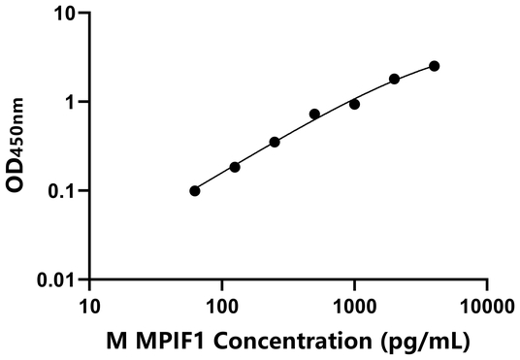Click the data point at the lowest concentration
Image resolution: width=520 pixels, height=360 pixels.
coord(195,190)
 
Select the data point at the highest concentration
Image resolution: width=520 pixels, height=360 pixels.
coord(434,66)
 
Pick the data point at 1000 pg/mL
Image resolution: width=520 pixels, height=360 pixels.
coord(354,104)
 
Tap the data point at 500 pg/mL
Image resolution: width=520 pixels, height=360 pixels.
coord(314,114)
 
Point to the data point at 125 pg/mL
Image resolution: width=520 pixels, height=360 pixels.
coord(235,167)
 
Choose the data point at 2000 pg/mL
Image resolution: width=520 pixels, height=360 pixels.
coord(394,79)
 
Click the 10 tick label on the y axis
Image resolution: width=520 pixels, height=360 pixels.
coord(64,14)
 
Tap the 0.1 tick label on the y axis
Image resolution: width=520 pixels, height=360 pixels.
coord(60,190)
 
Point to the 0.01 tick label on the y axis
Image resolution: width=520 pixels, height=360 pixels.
coord(55,279)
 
